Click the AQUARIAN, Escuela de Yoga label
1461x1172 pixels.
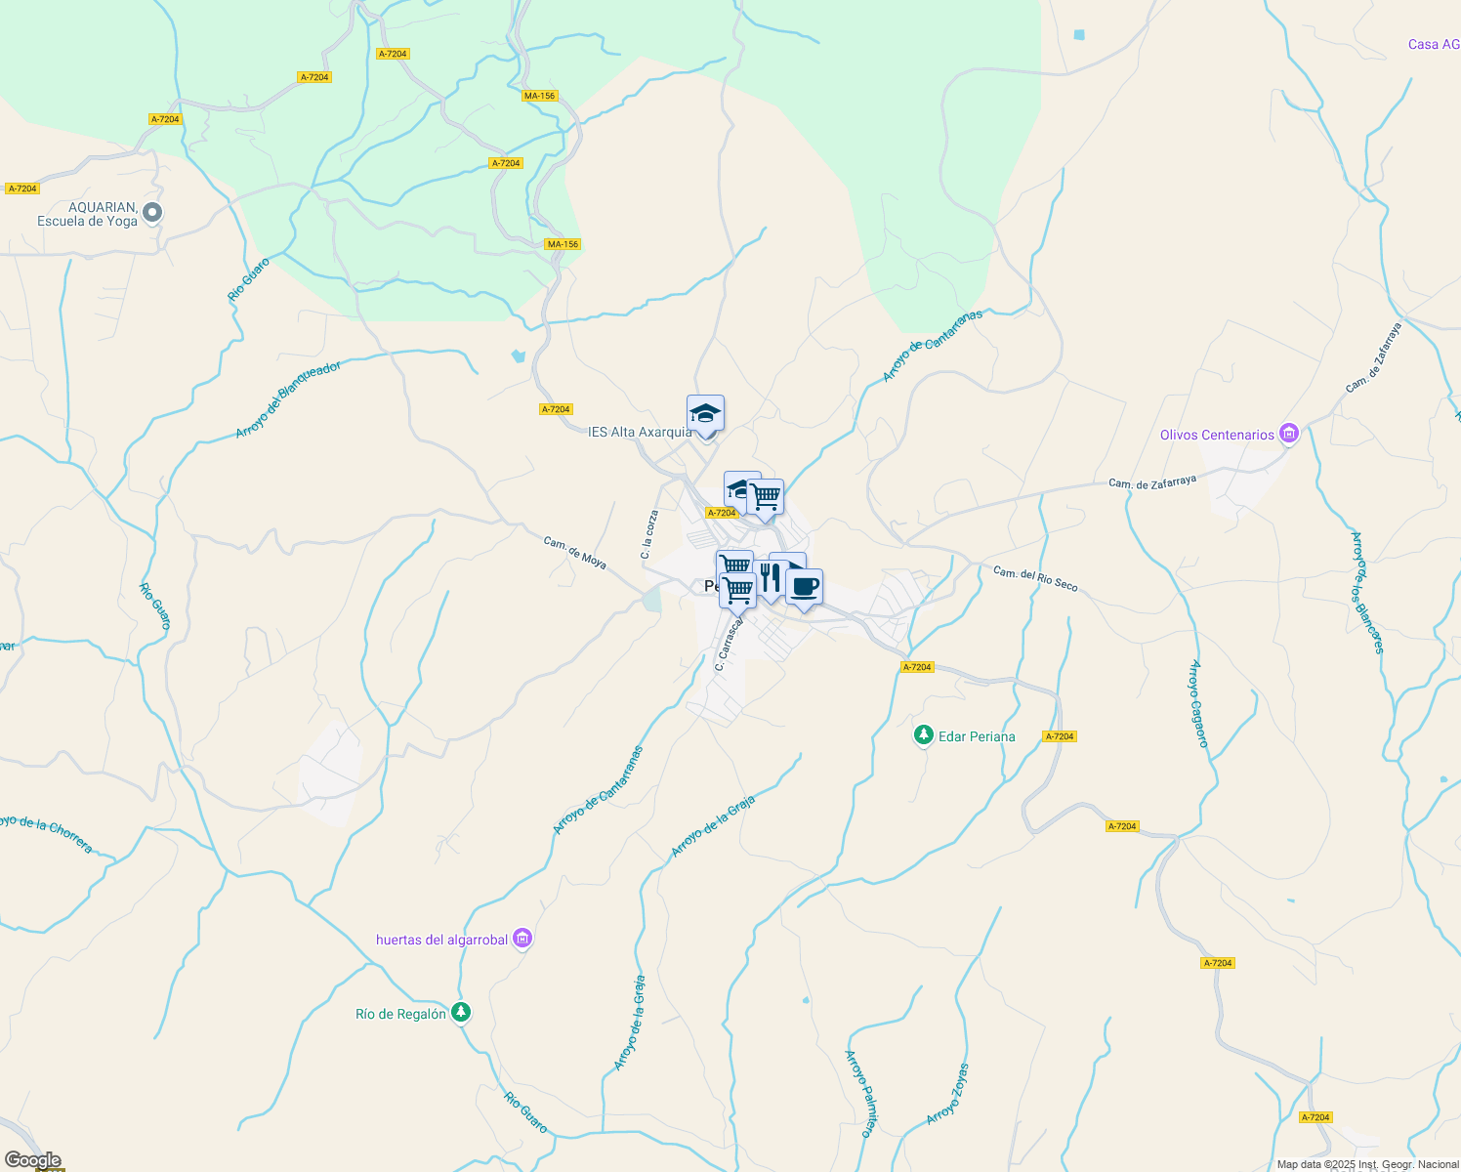pos(87,214)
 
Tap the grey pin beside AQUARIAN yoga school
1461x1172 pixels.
pos(152,212)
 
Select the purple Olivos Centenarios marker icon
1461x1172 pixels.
pos(1289,434)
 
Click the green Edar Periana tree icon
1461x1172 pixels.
pos(923,735)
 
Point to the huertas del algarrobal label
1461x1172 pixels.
pos(441,940)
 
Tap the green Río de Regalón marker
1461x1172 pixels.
pos(461,1013)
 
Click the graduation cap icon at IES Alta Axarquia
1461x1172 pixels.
pos(705,414)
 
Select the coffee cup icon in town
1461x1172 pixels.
pos(804,587)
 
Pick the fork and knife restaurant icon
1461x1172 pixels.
pos(769,578)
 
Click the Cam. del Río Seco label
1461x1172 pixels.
pos(1035,578)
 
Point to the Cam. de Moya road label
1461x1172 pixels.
pos(574,552)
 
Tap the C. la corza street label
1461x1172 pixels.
pos(649,534)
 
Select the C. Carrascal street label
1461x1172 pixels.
pos(730,643)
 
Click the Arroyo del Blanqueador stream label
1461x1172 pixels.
pos(288,399)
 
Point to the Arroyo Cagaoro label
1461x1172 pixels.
pos(1198,703)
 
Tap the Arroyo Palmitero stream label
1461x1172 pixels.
pos(857,1093)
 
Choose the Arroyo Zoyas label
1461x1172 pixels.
pos(947,1094)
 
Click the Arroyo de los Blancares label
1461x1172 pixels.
pos(1366,592)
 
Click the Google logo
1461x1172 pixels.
pos(33,1160)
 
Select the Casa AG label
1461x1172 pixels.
pos(1433,44)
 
